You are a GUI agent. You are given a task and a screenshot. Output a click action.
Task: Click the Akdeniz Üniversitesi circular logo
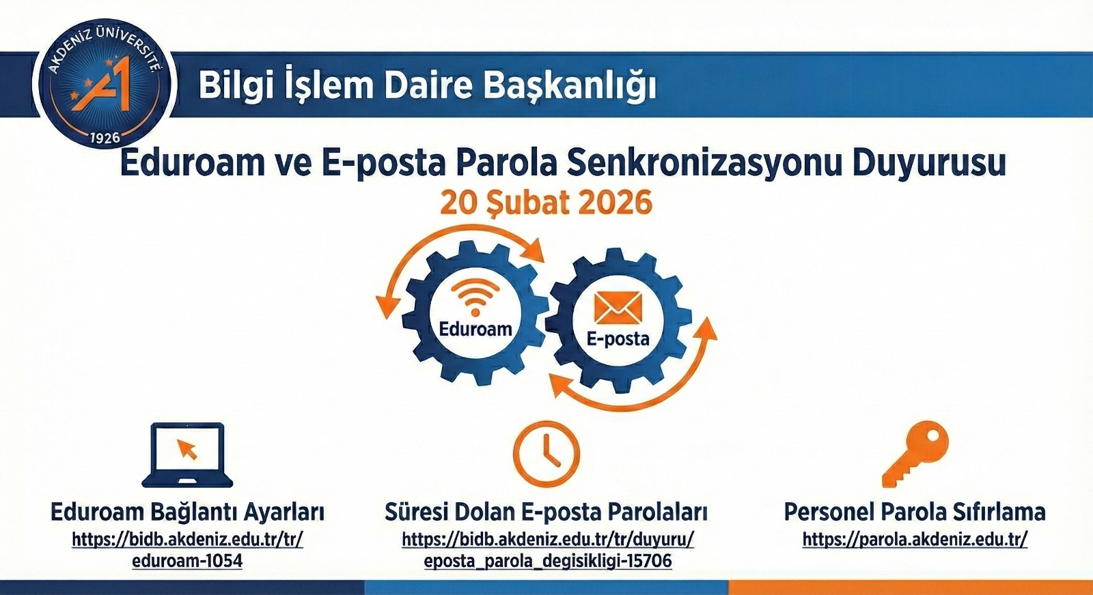coord(105,84)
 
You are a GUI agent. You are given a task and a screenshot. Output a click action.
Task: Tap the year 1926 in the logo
coord(105,137)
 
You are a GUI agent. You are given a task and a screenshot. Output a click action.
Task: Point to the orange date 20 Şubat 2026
coord(546,203)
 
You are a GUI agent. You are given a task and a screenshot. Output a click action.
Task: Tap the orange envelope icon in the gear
coord(618,308)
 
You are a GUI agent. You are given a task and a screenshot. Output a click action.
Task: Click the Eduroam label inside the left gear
coord(475,330)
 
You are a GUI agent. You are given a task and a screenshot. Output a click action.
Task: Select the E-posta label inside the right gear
coord(618,338)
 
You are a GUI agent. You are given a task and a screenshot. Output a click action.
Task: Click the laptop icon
coord(187,454)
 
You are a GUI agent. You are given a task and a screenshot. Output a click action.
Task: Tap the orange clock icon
coord(546,453)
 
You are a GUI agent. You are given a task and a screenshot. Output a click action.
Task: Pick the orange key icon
coord(915,453)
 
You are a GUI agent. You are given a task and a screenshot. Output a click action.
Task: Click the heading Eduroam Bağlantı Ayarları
coord(187,512)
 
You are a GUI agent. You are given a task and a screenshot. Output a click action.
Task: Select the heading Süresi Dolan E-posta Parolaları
coord(546,512)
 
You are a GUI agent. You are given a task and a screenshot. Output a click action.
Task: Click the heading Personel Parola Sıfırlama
coord(915,512)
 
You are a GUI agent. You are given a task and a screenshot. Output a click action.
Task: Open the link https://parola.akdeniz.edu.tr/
coord(915,540)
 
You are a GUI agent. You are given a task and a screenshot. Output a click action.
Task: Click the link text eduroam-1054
coord(187,561)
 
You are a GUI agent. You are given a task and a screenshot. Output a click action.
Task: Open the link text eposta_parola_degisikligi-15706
coord(547,561)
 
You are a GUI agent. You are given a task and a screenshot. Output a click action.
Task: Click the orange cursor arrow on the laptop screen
coord(187,449)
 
